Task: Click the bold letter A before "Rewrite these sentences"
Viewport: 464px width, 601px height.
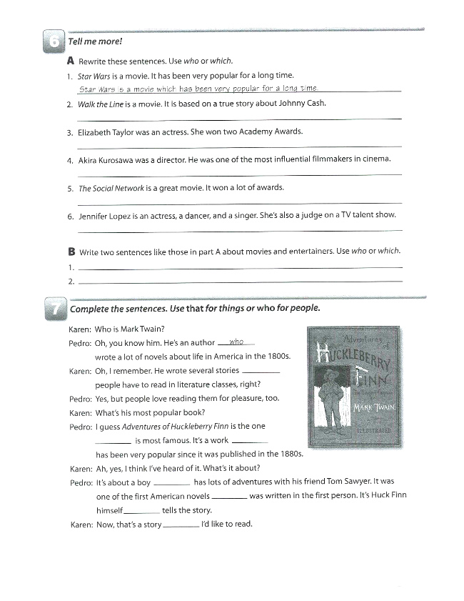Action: [71, 61]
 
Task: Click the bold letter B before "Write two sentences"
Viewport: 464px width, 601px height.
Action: [71, 251]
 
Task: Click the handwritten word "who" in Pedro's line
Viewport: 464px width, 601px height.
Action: [236, 342]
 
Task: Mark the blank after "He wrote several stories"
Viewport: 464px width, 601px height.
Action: [261, 371]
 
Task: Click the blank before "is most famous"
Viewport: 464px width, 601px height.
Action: [114, 441]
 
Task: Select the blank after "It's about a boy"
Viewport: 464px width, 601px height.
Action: [171, 482]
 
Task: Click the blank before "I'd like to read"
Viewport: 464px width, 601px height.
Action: [181, 524]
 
